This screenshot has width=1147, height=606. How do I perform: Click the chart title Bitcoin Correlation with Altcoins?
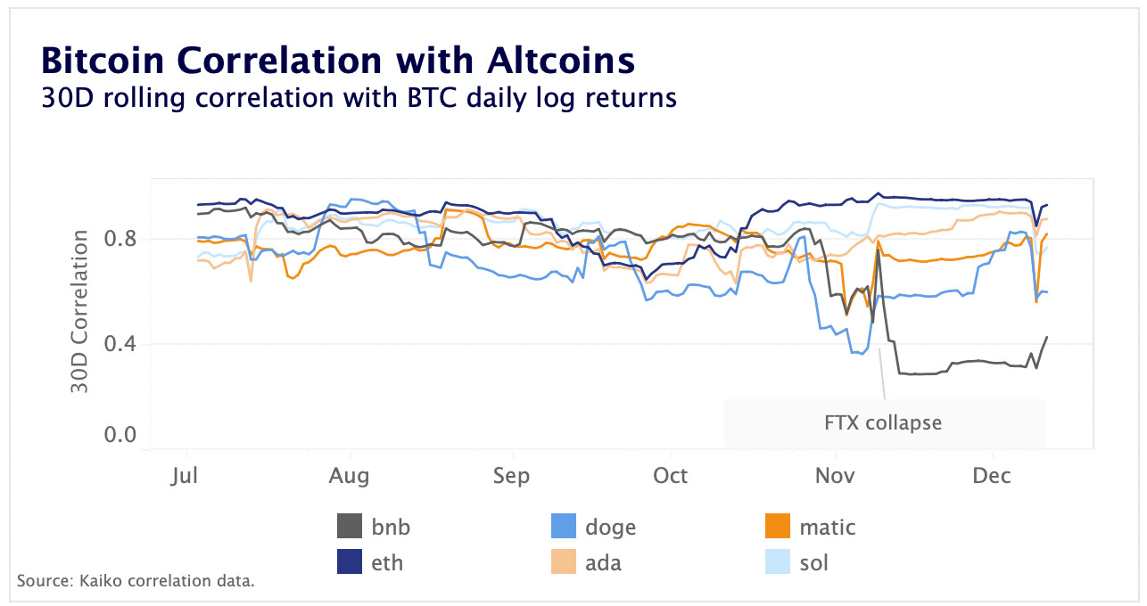click(338, 61)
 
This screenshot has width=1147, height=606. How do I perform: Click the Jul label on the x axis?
click(186, 476)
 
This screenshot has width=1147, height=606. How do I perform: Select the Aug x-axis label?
click(349, 476)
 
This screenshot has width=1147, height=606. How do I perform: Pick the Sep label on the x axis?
click(511, 476)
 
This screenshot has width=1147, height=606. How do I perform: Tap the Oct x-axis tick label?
click(670, 476)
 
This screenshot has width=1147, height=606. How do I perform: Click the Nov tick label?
click(834, 476)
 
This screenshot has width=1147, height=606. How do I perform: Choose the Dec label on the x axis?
click(992, 476)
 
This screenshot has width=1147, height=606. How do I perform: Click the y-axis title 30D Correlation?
click(80, 312)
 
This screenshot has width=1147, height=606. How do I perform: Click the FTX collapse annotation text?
click(883, 422)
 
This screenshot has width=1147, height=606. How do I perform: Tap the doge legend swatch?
click(565, 527)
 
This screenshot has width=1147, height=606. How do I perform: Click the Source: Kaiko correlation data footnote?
click(136, 581)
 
